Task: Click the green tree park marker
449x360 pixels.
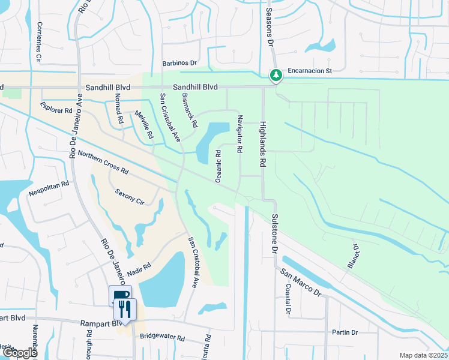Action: tap(276, 76)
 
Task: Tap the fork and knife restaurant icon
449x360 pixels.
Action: tap(125, 308)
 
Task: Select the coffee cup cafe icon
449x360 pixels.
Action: tap(120, 295)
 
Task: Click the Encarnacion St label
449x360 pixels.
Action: tap(310, 70)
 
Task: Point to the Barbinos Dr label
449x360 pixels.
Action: tap(179, 62)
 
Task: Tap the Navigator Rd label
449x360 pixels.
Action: tap(240, 133)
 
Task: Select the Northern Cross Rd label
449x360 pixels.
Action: tap(103, 163)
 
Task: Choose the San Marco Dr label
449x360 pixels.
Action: tap(301, 281)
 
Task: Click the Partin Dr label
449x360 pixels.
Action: tap(345, 332)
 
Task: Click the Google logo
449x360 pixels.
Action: tap(20, 353)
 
